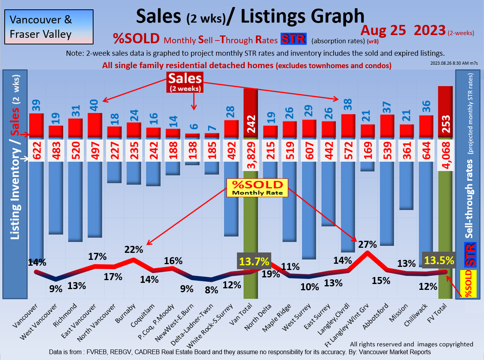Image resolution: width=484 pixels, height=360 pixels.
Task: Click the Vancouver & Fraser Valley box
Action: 49,27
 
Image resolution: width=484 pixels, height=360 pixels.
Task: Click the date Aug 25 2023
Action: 403,30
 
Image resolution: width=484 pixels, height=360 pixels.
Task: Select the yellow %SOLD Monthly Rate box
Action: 257,188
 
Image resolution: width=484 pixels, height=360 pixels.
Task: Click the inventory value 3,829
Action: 251,155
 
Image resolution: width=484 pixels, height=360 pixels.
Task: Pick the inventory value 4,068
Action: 445,155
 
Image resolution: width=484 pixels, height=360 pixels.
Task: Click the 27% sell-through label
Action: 367,244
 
